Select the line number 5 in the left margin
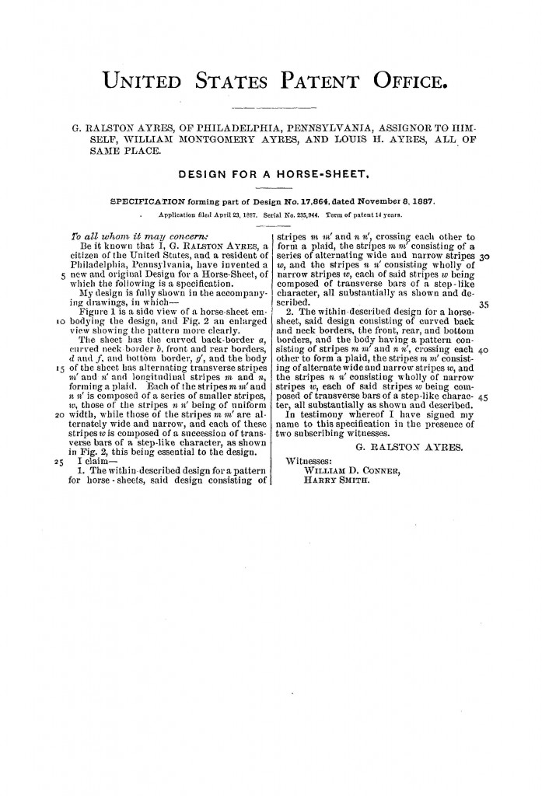(x=61, y=274)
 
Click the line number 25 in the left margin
(x=58, y=461)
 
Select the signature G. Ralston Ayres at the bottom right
(x=407, y=448)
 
